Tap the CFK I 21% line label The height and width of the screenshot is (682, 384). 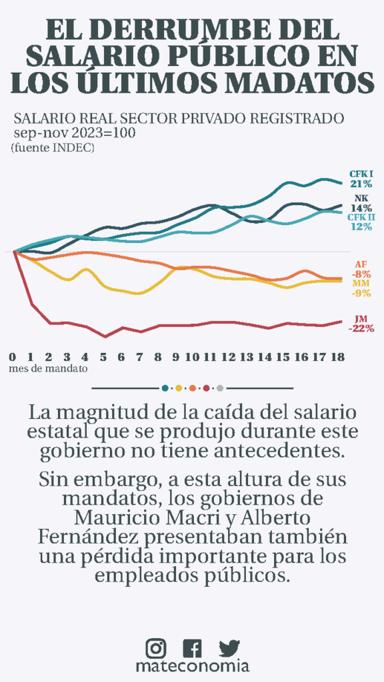(361, 178)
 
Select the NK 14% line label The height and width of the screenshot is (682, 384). (361, 203)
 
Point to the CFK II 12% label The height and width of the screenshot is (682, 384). (361, 222)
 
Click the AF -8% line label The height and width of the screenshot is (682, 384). (361, 270)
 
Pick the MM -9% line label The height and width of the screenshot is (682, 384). (361, 288)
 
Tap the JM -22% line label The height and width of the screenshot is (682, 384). (361, 324)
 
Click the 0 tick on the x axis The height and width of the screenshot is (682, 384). (12, 358)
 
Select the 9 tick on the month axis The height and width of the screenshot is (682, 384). (175, 358)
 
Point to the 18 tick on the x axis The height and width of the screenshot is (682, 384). (338, 358)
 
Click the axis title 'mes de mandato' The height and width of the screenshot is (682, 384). (47, 368)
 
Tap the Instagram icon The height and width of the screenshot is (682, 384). (156, 648)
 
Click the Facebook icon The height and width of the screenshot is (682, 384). (192, 648)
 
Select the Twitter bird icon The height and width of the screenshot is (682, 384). (229, 648)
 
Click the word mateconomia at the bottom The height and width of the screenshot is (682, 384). (193, 666)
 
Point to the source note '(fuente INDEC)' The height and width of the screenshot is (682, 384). (53, 148)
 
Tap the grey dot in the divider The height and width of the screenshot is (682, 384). (220, 388)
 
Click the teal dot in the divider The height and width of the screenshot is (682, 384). (165, 388)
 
